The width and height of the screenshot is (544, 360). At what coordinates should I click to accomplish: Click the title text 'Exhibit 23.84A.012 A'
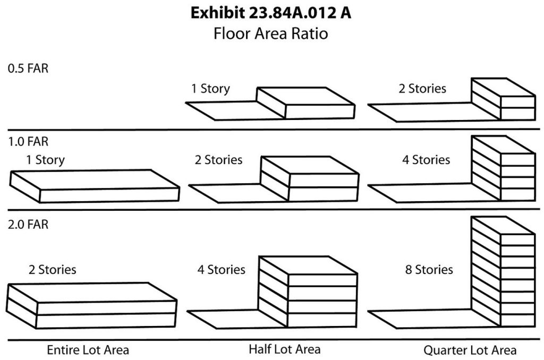(271, 13)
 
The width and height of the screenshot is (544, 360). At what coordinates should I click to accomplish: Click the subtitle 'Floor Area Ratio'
(270, 33)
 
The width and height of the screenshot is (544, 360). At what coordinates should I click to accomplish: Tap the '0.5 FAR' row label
(28, 68)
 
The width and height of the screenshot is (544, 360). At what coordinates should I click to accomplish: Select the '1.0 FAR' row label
(28, 141)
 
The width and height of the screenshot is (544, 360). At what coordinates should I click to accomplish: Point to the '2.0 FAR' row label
(28, 225)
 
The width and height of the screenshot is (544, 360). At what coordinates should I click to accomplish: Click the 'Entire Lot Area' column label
(88, 350)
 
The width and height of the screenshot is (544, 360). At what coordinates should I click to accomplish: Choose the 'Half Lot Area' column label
(285, 349)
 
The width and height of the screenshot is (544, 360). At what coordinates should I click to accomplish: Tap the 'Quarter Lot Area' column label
(470, 350)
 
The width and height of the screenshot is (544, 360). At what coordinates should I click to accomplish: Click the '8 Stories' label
(429, 270)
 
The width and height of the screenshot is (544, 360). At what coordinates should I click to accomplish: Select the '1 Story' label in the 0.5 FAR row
(210, 89)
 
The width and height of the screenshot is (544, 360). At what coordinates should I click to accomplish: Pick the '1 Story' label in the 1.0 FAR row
(46, 160)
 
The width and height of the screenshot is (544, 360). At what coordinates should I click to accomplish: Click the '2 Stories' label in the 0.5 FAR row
(422, 89)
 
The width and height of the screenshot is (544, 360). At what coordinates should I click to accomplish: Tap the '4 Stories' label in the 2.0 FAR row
(222, 270)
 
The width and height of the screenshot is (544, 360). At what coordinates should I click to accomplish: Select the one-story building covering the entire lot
(95, 186)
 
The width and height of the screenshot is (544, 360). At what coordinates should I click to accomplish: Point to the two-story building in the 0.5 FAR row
(504, 99)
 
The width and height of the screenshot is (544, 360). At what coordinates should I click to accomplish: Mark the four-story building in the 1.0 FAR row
(504, 168)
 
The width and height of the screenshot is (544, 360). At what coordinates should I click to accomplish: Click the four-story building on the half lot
(308, 292)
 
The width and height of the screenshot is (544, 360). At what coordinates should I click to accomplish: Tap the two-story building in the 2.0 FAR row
(91, 305)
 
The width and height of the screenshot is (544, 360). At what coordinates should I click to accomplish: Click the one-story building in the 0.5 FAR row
(305, 103)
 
